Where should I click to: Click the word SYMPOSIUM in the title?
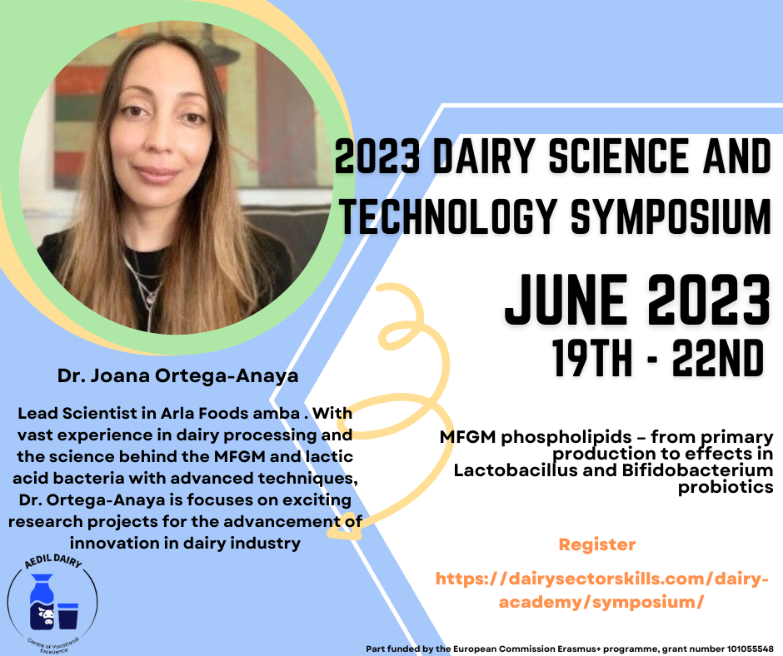click(671, 216)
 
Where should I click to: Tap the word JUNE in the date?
click(566, 300)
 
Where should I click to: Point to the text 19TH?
click(592, 358)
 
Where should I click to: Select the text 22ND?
click(718, 358)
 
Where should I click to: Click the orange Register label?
click(597, 544)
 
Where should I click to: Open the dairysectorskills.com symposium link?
click(601, 590)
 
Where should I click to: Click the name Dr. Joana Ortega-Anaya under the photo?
click(177, 375)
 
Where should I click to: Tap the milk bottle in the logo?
click(42, 601)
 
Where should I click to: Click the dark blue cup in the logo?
click(68, 616)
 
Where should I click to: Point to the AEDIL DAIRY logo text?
click(53, 560)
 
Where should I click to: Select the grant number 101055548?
click(750, 649)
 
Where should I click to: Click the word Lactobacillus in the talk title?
click(516, 470)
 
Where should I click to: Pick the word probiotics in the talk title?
click(726, 487)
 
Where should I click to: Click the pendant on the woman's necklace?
click(148, 300)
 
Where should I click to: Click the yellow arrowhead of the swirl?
click(345, 527)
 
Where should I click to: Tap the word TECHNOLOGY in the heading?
click(448, 216)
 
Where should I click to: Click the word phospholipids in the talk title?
click(566, 437)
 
